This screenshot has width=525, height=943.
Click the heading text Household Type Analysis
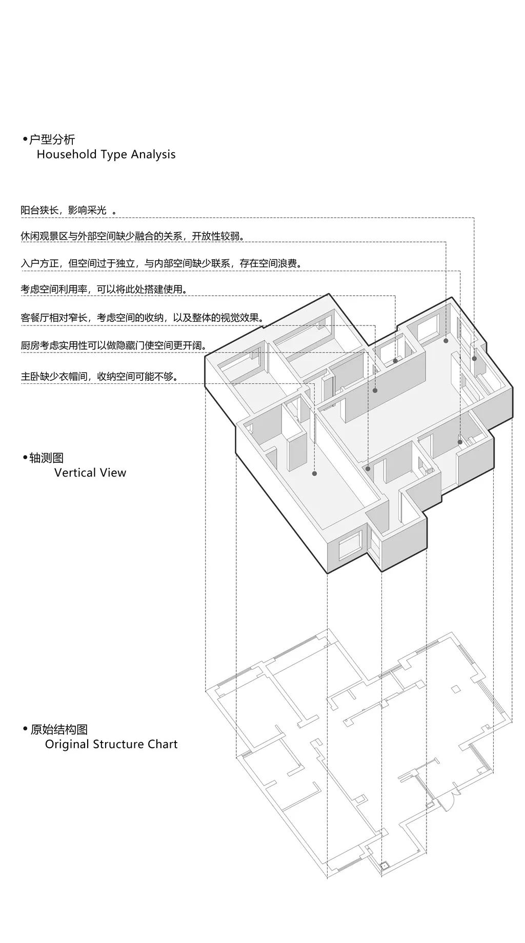(106, 154)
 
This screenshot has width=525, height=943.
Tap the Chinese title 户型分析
(52, 139)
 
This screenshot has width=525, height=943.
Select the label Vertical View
(90, 473)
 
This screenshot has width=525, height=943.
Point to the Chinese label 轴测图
(47, 458)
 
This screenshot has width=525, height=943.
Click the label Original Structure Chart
(111, 744)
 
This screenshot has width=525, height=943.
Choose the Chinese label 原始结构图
(59, 729)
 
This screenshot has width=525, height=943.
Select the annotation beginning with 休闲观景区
(133, 236)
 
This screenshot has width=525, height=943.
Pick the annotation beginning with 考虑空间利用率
(104, 290)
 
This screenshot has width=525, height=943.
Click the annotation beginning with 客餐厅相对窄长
(143, 318)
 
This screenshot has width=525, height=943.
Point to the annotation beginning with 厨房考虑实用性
(114, 346)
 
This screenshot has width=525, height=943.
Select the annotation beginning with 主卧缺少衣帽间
(99, 377)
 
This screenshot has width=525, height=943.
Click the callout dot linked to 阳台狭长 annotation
(474, 358)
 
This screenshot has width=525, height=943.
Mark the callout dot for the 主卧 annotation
(314, 474)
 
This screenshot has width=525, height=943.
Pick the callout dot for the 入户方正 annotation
(460, 442)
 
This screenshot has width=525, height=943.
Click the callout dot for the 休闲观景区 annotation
(446, 340)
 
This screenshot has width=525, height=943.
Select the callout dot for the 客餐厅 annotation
(375, 391)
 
